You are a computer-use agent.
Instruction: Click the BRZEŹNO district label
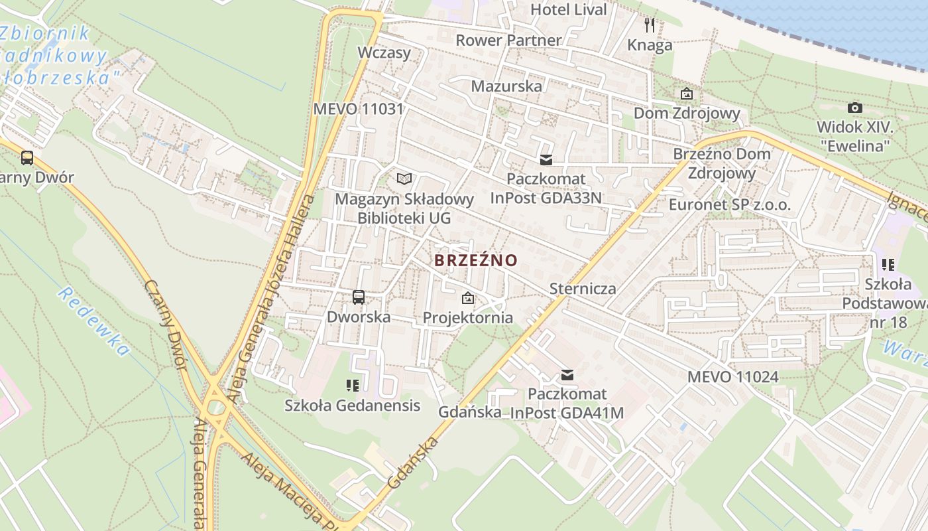[475, 260]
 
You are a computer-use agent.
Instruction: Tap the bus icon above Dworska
[359, 297]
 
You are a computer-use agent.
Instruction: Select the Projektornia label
[468, 317]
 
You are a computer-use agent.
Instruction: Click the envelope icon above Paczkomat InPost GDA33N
[546, 160]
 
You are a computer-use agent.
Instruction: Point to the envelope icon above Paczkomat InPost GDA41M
[567, 375]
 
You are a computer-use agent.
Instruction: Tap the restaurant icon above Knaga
[650, 25]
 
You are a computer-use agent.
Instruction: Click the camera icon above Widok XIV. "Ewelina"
[855, 108]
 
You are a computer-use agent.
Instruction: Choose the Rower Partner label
[508, 40]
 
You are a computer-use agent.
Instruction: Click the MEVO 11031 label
[359, 109]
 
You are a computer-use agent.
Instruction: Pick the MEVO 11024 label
[732, 377]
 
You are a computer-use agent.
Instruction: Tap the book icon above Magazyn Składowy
[404, 179]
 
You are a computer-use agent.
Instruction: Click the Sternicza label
[583, 288]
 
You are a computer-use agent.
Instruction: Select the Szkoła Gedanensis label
[352, 405]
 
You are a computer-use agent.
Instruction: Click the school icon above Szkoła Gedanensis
[352, 385]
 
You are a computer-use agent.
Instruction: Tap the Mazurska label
[506, 86]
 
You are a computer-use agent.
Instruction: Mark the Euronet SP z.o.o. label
[730, 204]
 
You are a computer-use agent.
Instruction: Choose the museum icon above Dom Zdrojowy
[686, 94]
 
